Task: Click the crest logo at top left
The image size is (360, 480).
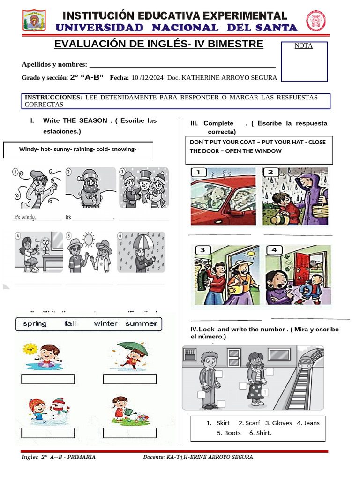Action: tap(34, 21)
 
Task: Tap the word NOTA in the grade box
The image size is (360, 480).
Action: tap(304, 46)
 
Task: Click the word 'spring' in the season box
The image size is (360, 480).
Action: tap(35, 324)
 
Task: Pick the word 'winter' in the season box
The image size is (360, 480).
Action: tap(105, 324)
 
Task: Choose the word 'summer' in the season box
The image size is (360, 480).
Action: tap(141, 324)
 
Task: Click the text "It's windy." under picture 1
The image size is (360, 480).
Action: tap(25, 217)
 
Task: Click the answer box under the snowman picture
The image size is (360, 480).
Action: tap(48, 433)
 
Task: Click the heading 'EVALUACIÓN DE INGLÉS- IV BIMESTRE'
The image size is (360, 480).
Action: tap(159, 45)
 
